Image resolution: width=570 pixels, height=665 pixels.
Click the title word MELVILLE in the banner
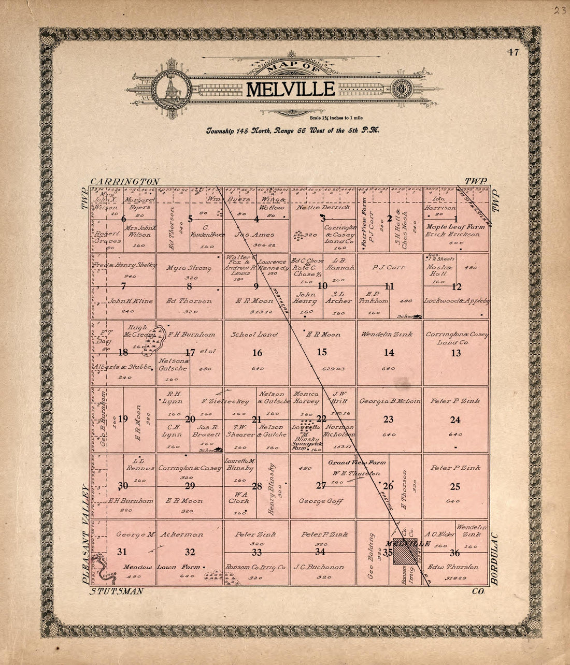click(x=290, y=89)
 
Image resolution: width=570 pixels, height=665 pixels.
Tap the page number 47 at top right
click(x=513, y=52)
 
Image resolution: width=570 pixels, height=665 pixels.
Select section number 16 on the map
click(x=257, y=353)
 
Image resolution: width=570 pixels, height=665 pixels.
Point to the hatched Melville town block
click(x=404, y=555)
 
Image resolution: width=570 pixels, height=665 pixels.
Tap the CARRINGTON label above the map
click(x=125, y=182)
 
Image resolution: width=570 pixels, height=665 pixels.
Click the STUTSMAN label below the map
click(x=116, y=591)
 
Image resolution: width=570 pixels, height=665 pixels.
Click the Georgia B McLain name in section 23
click(x=388, y=401)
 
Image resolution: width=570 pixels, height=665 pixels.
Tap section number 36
click(x=455, y=552)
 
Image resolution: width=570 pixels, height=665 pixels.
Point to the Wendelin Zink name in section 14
click(x=387, y=335)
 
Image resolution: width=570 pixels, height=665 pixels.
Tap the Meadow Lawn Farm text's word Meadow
click(x=138, y=567)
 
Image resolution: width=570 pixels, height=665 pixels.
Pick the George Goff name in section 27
click(x=320, y=501)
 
